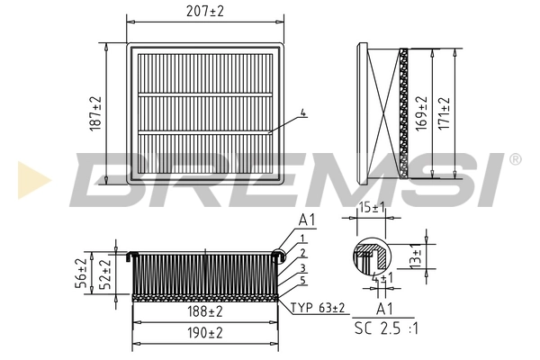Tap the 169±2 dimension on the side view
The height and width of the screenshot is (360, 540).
tap(420, 112)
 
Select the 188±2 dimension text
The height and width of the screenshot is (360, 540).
tap(206, 312)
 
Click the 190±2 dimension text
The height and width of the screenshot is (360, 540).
tap(206, 333)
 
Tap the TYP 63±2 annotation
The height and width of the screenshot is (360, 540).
tap(319, 308)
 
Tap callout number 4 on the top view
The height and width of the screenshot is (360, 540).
tap(304, 112)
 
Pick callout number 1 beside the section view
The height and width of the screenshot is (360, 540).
tap(304, 238)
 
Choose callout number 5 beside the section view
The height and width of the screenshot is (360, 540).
tap(304, 281)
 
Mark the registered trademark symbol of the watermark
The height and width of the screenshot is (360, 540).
tap(515, 159)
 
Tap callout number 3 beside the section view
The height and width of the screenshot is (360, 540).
tap(304, 267)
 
